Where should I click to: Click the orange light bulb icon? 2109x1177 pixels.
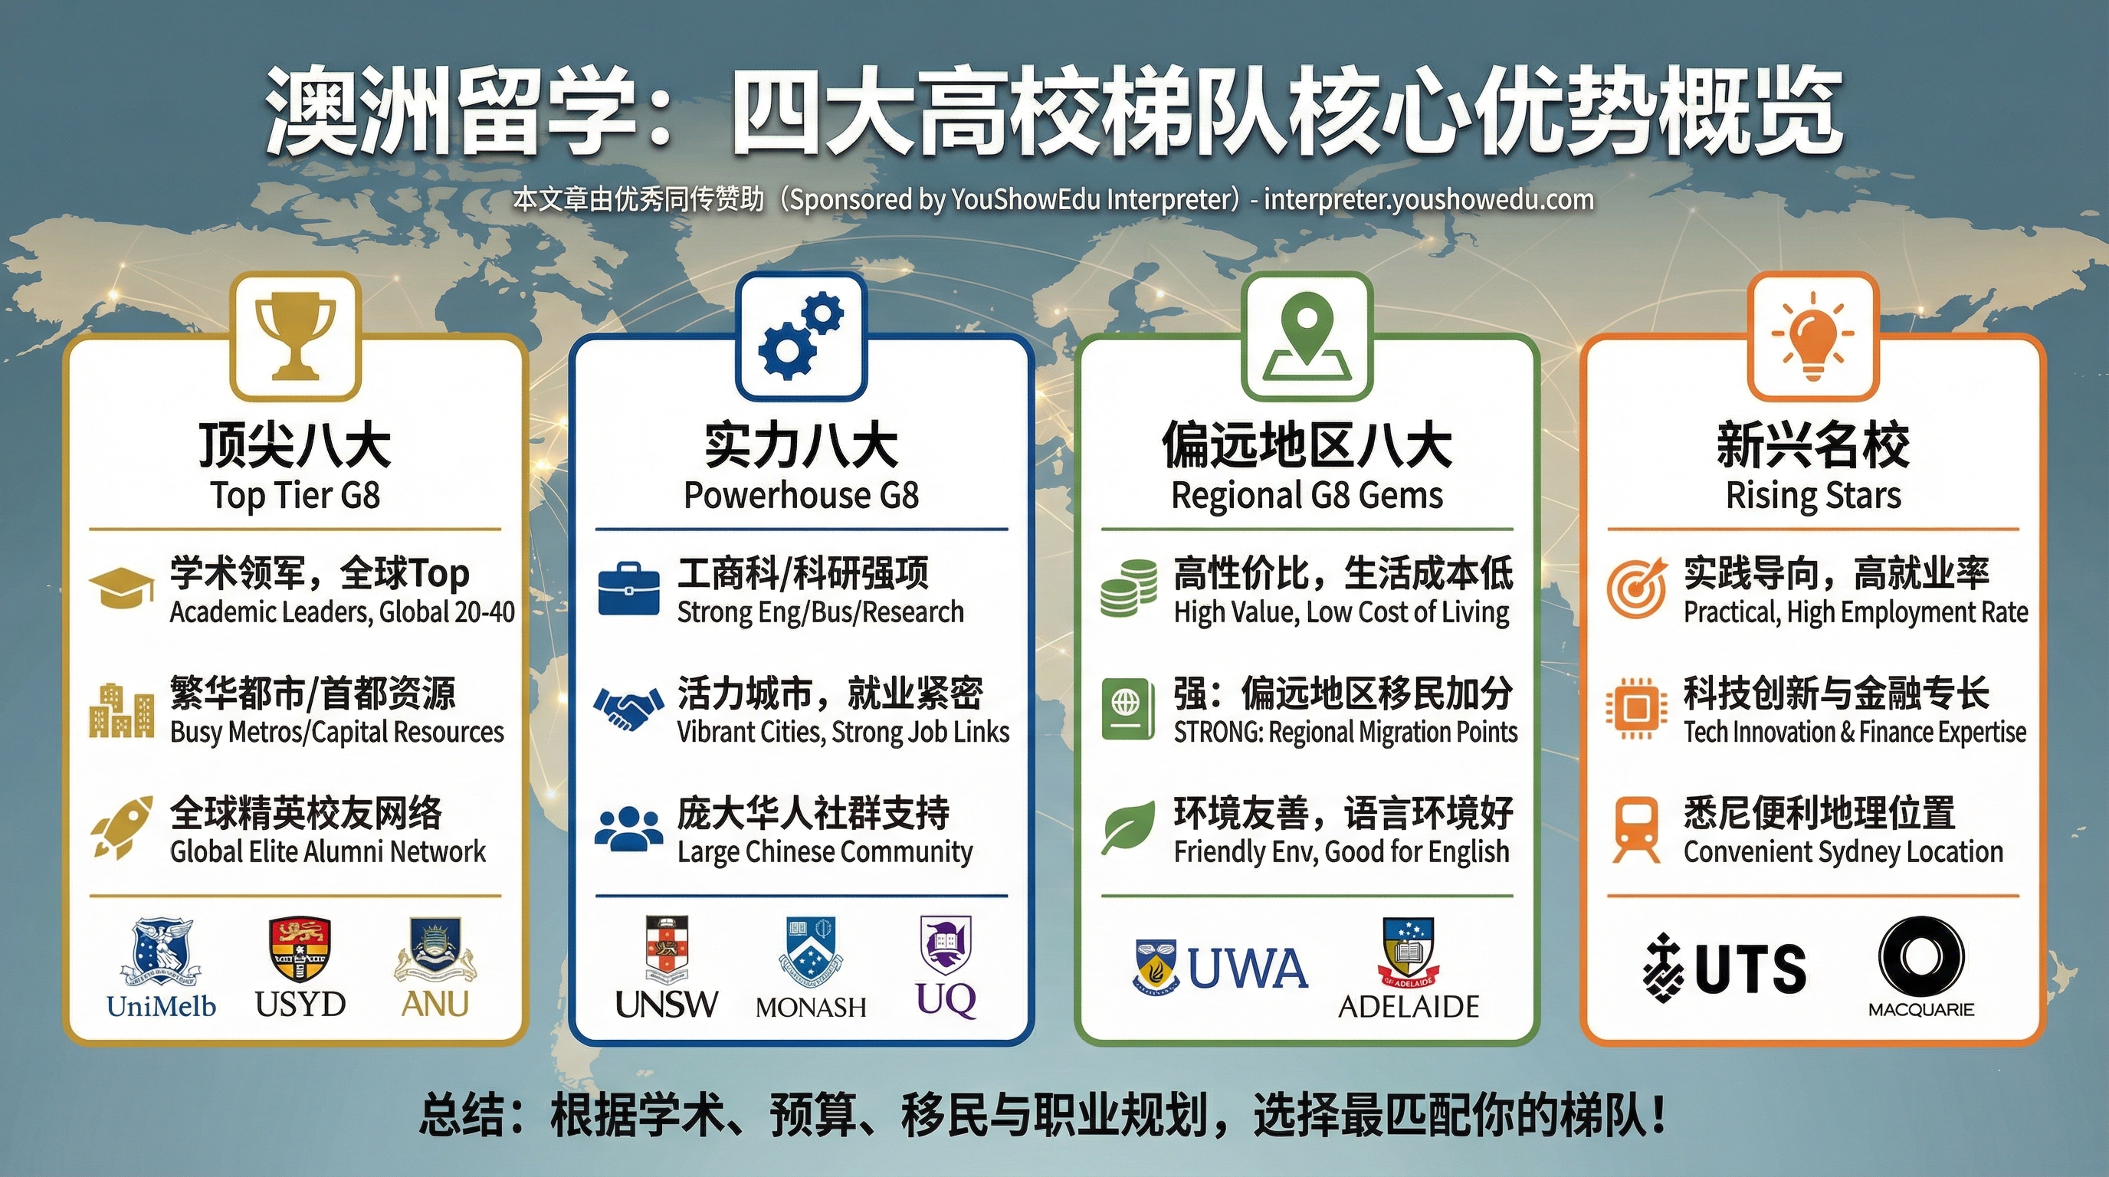1812,336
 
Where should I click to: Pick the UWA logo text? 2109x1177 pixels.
1247,969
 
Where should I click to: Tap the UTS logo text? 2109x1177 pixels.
1750,969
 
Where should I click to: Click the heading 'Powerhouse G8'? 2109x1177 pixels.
801,496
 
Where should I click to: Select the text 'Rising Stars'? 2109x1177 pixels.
1812,496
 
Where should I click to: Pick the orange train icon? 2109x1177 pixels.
1637,829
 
